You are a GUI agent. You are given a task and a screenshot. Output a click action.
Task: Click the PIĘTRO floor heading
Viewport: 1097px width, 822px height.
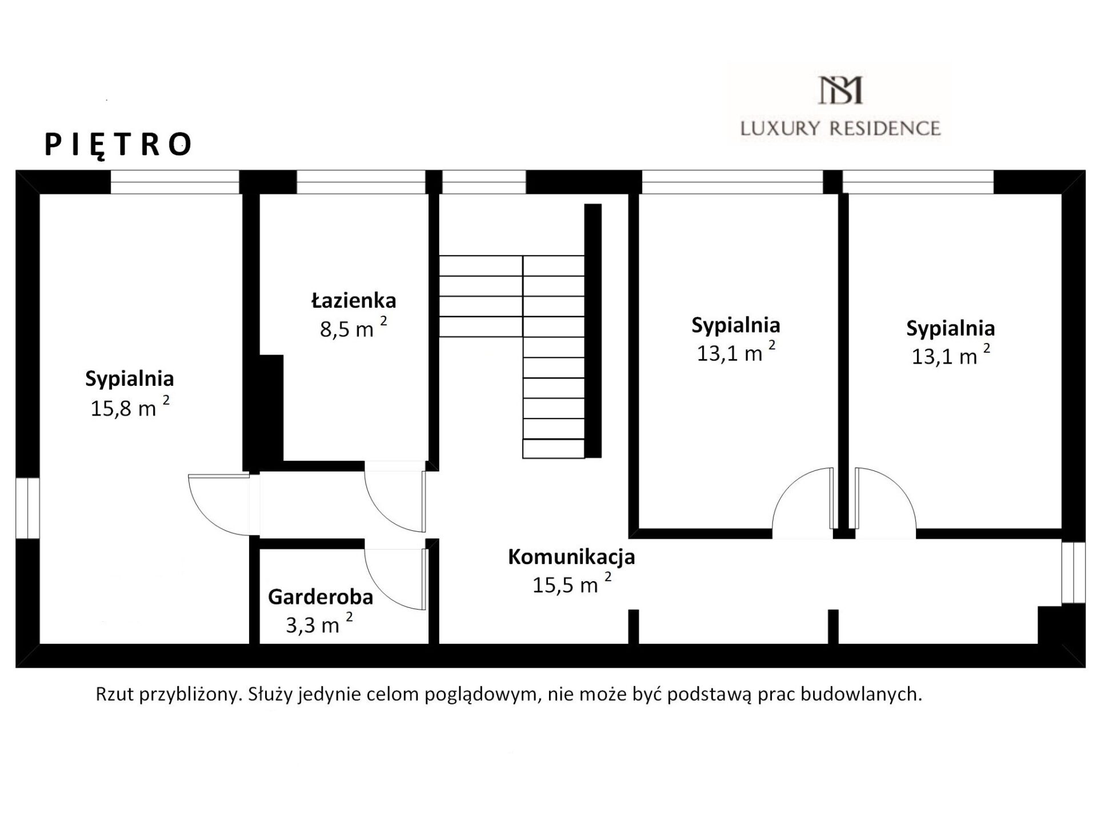tap(118, 144)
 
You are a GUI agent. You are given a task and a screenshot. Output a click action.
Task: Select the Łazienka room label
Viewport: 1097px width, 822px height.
tap(354, 300)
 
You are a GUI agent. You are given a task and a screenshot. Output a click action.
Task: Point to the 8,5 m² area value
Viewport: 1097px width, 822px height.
tap(353, 328)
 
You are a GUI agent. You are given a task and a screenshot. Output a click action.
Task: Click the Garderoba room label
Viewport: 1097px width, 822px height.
tap(321, 597)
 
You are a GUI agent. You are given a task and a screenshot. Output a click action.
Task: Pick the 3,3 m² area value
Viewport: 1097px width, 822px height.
tap(319, 624)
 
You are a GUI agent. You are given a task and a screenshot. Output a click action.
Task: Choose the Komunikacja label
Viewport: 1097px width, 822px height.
tap(571, 557)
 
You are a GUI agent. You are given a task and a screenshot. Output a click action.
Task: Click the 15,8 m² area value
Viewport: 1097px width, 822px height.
tap(130, 407)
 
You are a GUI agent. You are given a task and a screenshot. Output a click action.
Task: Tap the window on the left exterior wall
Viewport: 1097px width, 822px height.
tap(27, 508)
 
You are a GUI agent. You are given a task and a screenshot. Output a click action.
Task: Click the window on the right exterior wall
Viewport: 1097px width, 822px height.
tap(1073, 573)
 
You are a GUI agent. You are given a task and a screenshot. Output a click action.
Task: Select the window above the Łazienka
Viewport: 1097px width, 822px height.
tap(361, 183)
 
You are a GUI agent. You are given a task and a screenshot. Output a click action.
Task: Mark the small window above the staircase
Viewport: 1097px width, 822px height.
tap(484, 183)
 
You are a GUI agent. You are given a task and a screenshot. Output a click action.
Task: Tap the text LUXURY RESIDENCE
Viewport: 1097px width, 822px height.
tap(840, 128)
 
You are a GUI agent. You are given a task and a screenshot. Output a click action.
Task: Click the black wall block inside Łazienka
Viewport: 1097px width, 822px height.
tap(271, 408)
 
